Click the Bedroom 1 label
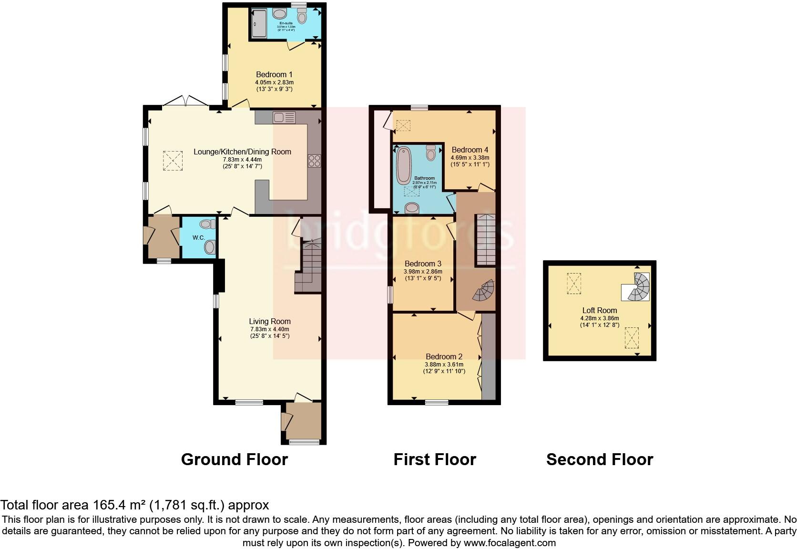coord(274,74)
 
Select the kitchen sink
coord(284,117)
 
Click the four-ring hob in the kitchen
coord(315,161)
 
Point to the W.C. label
coord(198,237)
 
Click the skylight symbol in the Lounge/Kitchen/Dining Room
coord(173,160)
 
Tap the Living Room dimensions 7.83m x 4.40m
coord(270,329)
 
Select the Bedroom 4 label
coord(470,150)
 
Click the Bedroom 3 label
coord(423,264)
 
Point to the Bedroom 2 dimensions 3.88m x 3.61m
coord(444,364)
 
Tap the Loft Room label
coord(600,310)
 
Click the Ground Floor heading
coord(235,459)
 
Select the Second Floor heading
coord(599,459)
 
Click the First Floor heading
coord(435,459)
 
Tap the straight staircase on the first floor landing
coord(487,240)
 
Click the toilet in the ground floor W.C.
coord(208,247)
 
